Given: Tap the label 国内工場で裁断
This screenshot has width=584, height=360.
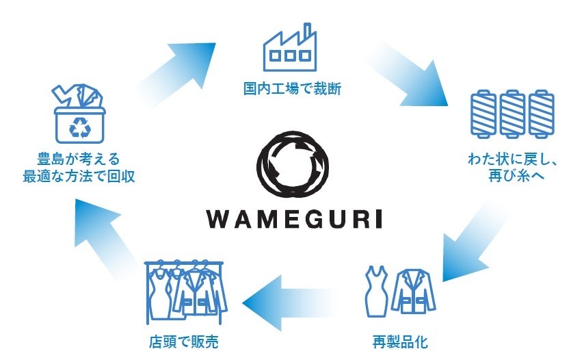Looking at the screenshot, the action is tap(292, 88).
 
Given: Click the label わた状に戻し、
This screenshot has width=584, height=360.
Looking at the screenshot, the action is tap(514, 162).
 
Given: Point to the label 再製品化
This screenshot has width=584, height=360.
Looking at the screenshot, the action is tap(400, 341).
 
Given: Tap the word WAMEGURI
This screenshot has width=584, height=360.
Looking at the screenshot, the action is tap(292, 218).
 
